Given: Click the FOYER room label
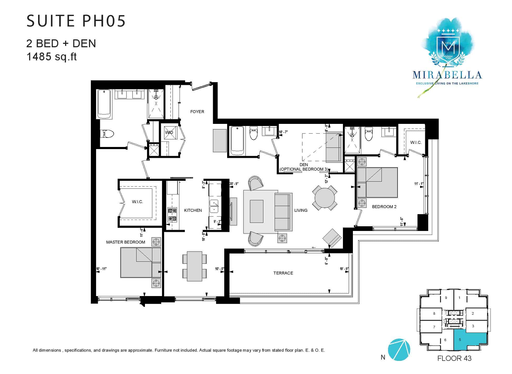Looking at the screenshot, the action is (x=197, y=112).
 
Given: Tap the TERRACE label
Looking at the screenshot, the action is (x=283, y=273).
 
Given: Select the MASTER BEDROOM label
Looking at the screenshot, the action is (x=126, y=242).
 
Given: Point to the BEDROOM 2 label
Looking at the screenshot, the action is (x=384, y=207).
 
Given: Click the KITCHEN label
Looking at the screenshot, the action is (x=193, y=210).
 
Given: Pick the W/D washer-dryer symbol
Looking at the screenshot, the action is (x=169, y=133).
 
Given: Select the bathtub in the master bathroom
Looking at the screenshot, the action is (x=104, y=104).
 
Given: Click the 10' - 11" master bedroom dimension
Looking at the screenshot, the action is (x=101, y=269).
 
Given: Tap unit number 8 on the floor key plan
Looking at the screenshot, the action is (x=434, y=313).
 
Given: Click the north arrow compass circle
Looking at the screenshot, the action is (x=399, y=350).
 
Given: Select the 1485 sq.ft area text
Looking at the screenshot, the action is (x=51, y=56).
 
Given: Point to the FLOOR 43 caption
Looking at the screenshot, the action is (x=454, y=358).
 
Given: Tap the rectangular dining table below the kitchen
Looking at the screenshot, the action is (x=195, y=266).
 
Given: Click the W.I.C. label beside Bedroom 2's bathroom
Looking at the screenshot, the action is (x=416, y=142).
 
